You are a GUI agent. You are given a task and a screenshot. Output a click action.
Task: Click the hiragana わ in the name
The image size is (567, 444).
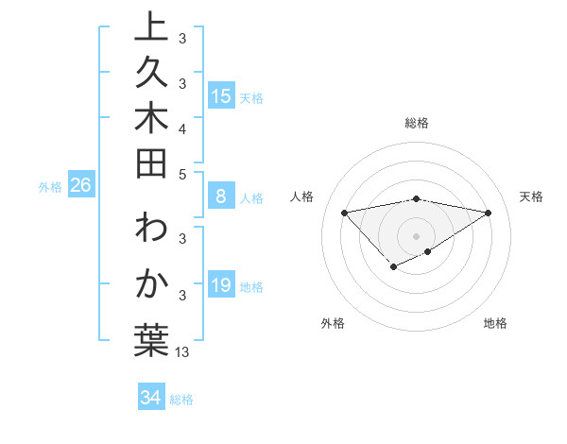tap(151, 231)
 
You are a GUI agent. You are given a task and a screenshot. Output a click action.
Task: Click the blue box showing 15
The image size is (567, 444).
tap(221, 95)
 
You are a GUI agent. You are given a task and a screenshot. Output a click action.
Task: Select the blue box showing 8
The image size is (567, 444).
tap(221, 197)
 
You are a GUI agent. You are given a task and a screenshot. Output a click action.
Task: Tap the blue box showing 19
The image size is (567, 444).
tap(221, 286)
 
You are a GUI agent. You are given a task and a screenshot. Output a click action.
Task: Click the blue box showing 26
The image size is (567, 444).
tap(80, 186)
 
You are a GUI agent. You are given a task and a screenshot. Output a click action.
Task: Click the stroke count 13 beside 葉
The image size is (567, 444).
tap(182, 351)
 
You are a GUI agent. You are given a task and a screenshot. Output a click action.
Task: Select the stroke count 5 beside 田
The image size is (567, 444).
tap(182, 174)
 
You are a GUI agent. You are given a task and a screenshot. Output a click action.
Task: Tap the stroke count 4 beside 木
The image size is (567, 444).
tap(182, 128)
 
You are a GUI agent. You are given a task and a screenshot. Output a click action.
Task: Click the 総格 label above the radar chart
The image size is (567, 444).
tap(417, 123)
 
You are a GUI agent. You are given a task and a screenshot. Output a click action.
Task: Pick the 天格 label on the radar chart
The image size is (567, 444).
tap(531, 196)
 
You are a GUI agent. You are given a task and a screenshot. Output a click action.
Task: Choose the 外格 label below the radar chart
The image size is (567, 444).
tap(333, 323)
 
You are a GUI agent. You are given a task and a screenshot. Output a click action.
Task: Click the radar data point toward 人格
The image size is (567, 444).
tap(345, 212)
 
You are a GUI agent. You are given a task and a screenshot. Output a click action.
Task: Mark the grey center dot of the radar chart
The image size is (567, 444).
tap(417, 235)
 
